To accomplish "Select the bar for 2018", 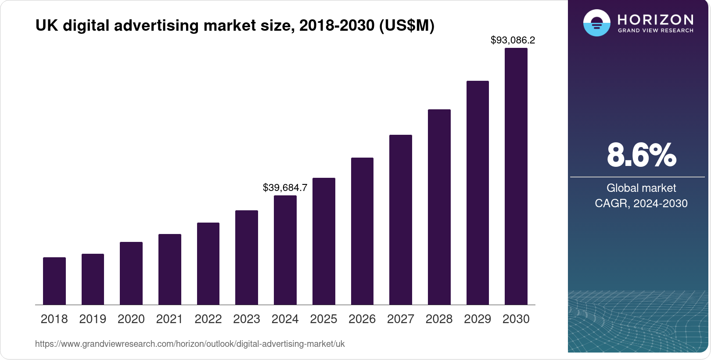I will tap(54, 281).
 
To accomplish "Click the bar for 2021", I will tap(170, 270).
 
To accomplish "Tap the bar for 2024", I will tap(285, 250).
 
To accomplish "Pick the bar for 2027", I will tap(400, 220).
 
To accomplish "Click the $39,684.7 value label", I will tap(285, 188).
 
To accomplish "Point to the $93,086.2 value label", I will tap(513, 40).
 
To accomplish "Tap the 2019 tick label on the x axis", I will tap(93, 319).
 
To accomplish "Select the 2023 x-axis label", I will tap(247, 319).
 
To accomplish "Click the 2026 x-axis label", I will tap(362, 319).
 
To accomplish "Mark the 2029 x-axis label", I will tap(478, 319).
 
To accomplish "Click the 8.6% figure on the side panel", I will tap(641, 155).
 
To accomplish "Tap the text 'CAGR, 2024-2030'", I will tap(641, 203).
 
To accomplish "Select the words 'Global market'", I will tap(641, 188).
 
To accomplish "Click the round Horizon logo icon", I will tap(596, 23).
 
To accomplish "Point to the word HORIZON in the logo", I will tap(656, 20).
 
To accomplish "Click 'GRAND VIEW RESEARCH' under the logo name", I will tap(656, 31).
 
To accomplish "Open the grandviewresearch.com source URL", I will tap(190, 344).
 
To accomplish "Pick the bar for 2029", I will tap(478, 193).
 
